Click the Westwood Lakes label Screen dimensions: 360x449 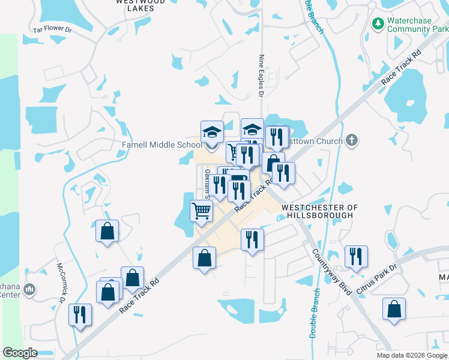[140, 5]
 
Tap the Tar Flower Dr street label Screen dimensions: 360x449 [53, 28]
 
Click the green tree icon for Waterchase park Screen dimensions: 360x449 [378, 23]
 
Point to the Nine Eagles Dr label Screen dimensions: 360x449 [261, 76]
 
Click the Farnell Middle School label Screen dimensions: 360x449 [161, 145]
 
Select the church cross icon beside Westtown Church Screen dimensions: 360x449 [352, 141]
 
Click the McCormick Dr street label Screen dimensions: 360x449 [61, 283]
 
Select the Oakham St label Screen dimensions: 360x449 [206, 183]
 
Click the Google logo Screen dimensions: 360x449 [20, 353]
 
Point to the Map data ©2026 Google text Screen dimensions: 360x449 [412, 355]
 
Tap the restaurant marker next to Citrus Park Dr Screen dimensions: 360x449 [356, 256]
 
